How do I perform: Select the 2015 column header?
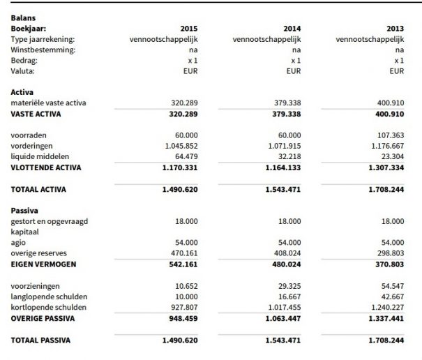[189, 28]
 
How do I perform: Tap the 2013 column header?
[395, 28]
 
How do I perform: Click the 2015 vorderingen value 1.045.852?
[181, 145]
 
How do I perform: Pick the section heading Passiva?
[24, 210]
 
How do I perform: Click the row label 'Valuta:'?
[23, 70]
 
